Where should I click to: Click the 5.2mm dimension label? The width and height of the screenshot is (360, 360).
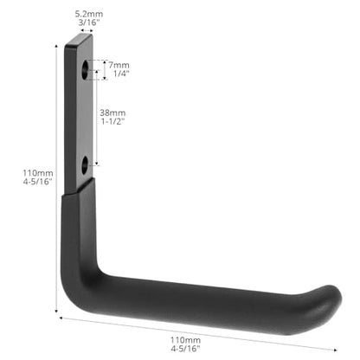point(89,14)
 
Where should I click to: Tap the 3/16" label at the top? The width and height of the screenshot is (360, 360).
point(89,22)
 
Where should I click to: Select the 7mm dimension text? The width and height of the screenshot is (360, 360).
point(119,65)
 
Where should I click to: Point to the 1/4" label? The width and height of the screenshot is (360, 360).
point(121,74)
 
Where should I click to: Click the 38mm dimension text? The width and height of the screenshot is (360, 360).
point(112,112)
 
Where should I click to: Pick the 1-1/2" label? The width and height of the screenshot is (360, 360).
point(112,121)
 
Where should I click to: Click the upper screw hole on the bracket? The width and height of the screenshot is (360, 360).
point(85,70)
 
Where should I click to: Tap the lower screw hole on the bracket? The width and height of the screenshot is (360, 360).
point(85,165)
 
